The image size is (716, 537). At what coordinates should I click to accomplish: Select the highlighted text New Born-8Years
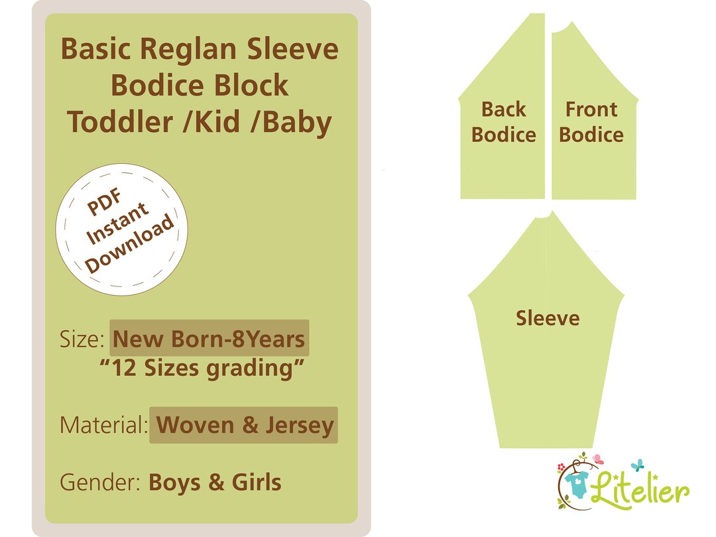click(209, 339)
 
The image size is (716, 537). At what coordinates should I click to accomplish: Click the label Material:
click(103, 425)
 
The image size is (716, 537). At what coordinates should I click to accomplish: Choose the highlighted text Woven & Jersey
click(244, 425)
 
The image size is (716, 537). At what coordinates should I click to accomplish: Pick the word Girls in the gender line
click(257, 482)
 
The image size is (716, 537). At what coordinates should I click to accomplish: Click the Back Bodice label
click(503, 122)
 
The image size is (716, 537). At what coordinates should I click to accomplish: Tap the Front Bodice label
click(591, 122)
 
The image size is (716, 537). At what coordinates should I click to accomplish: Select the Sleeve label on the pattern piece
click(548, 318)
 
